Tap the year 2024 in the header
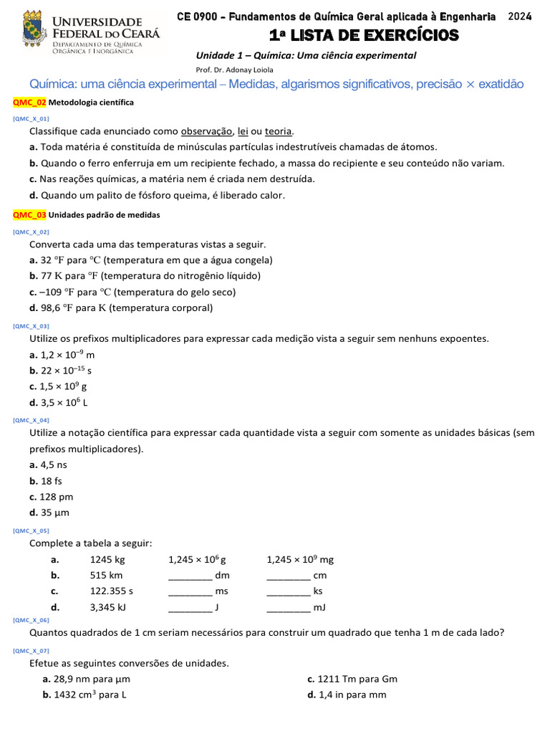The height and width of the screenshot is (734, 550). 519,17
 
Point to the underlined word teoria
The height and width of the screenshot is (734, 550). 279,131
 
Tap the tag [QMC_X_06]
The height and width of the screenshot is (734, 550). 31,619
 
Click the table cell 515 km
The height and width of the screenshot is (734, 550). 106,575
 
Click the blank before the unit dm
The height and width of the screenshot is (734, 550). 190,576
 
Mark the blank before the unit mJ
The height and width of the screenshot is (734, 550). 289,607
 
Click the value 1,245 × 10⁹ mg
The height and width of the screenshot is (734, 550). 300,559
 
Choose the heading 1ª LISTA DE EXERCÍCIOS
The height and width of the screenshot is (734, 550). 364,35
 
